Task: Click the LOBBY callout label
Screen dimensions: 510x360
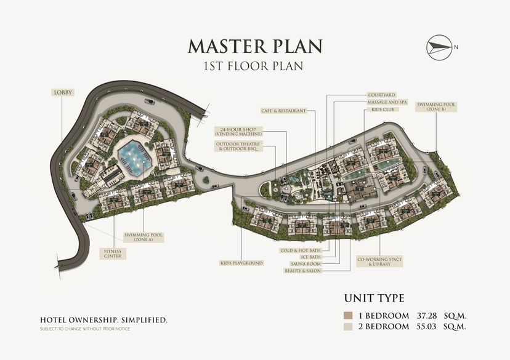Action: pyautogui.click(x=63, y=92)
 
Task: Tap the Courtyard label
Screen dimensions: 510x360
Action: pyautogui.click(x=381, y=95)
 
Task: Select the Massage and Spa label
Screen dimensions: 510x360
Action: pyautogui.click(x=387, y=102)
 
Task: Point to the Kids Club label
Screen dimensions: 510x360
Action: pyautogui.click(x=383, y=110)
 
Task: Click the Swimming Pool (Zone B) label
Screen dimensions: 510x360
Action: pyautogui.click(x=436, y=107)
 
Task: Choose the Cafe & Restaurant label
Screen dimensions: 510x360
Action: pyautogui.click(x=283, y=111)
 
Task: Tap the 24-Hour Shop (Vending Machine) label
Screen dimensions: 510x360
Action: pyautogui.click(x=238, y=132)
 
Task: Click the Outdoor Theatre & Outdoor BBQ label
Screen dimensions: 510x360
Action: pyautogui.click(x=238, y=146)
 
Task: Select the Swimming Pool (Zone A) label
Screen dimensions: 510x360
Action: pyautogui.click(x=144, y=237)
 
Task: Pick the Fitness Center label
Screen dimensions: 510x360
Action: pyautogui.click(x=113, y=254)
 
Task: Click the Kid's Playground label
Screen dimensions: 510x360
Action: pyautogui.click(x=241, y=263)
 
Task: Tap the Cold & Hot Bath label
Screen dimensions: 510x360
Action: pyautogui.click(x=301, y=250)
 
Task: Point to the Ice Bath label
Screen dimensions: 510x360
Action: pyautogui.click(x=311, y=257)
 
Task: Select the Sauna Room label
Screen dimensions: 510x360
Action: pyautogui.click(x=306, y=264)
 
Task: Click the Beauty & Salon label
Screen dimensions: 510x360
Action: pyautogui.click(x=302, y=271)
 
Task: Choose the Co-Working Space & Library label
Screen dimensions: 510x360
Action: pyautogui.click(x=379, y=262)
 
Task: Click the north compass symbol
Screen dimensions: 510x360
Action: pyautogui.click(x=439, y=47)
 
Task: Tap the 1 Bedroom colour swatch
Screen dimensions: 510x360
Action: pyautogui.click(x=348, y=316)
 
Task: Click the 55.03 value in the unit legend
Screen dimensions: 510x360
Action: pyautogui.click(x=426, y=327)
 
